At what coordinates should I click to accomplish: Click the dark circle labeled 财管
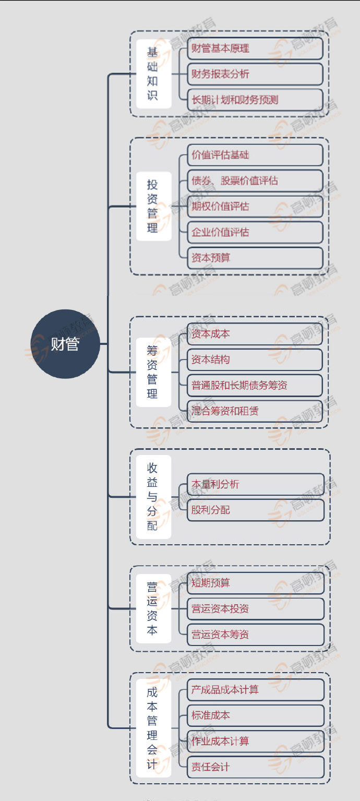pyautogui.click(x=65, y=344)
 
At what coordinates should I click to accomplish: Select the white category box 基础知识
pyautogui.click(x=154, y=74)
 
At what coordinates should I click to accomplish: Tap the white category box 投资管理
pyautogui.click(x=154, y=206)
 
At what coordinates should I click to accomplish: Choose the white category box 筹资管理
pyautogui.click(x=154, y=372)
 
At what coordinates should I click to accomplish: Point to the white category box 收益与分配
pyautogui.click(x=154, y=497)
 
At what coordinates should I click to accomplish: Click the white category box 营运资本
pyautogui.click(x=154, y=608)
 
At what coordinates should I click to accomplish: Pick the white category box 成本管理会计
pyautogui.click(x=154, y=728)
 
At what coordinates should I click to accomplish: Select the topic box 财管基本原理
pyautogui.click(x=255, y=49)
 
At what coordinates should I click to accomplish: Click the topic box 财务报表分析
pyautogui.click(x=255, y=74)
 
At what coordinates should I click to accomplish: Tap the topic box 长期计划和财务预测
pyautogui.click(x=255, y=100)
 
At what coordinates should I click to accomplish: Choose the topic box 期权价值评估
pyautogui.click(x=255, y=206)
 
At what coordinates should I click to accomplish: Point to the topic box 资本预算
pyautogui.click(x=255, y=258)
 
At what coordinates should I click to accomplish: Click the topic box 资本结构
pyautogui.click(x=255, y=360)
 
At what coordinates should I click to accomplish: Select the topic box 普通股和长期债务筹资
pyautogui.click(x=255, y=385)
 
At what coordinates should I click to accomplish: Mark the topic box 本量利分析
pyautogui.click(x=256, y=484)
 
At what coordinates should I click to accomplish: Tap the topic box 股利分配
pyautogui.click(x=256, y=510)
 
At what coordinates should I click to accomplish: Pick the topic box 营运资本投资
pyautogui.click(x=256, y=608)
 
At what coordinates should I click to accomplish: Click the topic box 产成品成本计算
pyautogui.click(x=256, y=689)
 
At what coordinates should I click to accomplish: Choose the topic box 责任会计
pyautogui.click(x=256, y=767)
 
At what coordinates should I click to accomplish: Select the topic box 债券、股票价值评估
pyautogui.click(x=255, y=181)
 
